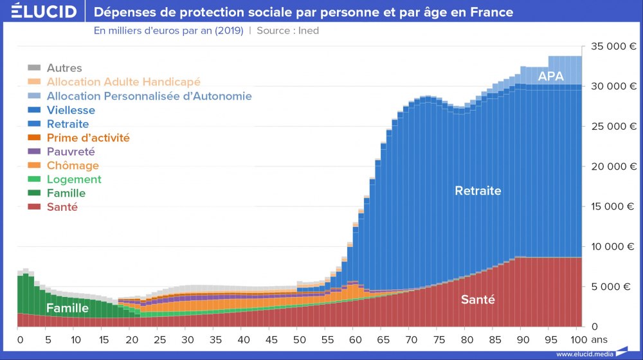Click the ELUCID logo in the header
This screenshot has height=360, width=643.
click(44, 12)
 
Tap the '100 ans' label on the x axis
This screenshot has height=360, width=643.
click(587, 339)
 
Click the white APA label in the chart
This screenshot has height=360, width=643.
click(550, 76)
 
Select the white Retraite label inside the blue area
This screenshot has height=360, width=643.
click(478, 191)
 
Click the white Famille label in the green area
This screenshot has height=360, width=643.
click(68, 309)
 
